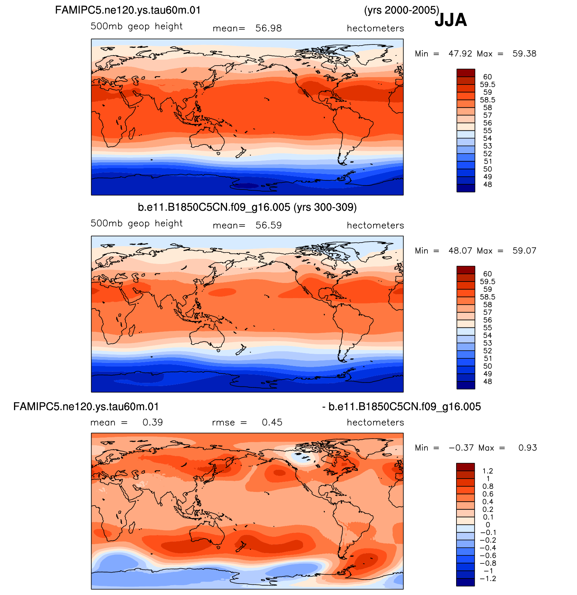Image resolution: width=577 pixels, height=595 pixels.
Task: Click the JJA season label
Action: coord(451,20)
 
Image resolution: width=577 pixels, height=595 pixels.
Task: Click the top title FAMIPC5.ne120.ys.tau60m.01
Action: coord(128,10)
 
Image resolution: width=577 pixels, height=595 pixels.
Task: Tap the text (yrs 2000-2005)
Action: coord(401,10)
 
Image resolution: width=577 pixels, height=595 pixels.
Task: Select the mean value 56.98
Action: coord(268,28)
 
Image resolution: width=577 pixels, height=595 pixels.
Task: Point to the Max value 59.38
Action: coord(524,54)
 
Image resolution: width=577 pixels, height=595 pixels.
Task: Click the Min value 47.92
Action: coord(460,54)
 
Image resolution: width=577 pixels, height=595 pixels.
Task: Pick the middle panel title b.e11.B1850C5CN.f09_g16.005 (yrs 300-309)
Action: coord(247,207)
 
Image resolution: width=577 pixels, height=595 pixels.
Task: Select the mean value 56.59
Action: coord(268,225)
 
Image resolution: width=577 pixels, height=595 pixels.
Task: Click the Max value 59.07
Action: coord(524,251)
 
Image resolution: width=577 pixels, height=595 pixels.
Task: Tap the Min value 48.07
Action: coord(460,251)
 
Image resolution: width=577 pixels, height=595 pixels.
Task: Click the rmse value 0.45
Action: coord(272,422)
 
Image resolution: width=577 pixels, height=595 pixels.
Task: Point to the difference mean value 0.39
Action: coord(153,422)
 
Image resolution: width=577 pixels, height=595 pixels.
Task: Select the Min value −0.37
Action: coord(461,448)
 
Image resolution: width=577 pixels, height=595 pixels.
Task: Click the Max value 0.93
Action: coord(528,448)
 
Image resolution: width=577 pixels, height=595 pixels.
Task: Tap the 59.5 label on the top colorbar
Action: coord(488,84)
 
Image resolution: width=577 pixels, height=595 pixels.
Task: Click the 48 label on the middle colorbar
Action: coord(488,381)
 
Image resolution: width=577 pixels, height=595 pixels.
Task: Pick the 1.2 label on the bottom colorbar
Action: coord(488,471)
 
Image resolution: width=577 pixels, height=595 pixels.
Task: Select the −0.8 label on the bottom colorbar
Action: coord(488,563)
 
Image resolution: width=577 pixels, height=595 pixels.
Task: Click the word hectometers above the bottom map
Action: coord(375,422)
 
